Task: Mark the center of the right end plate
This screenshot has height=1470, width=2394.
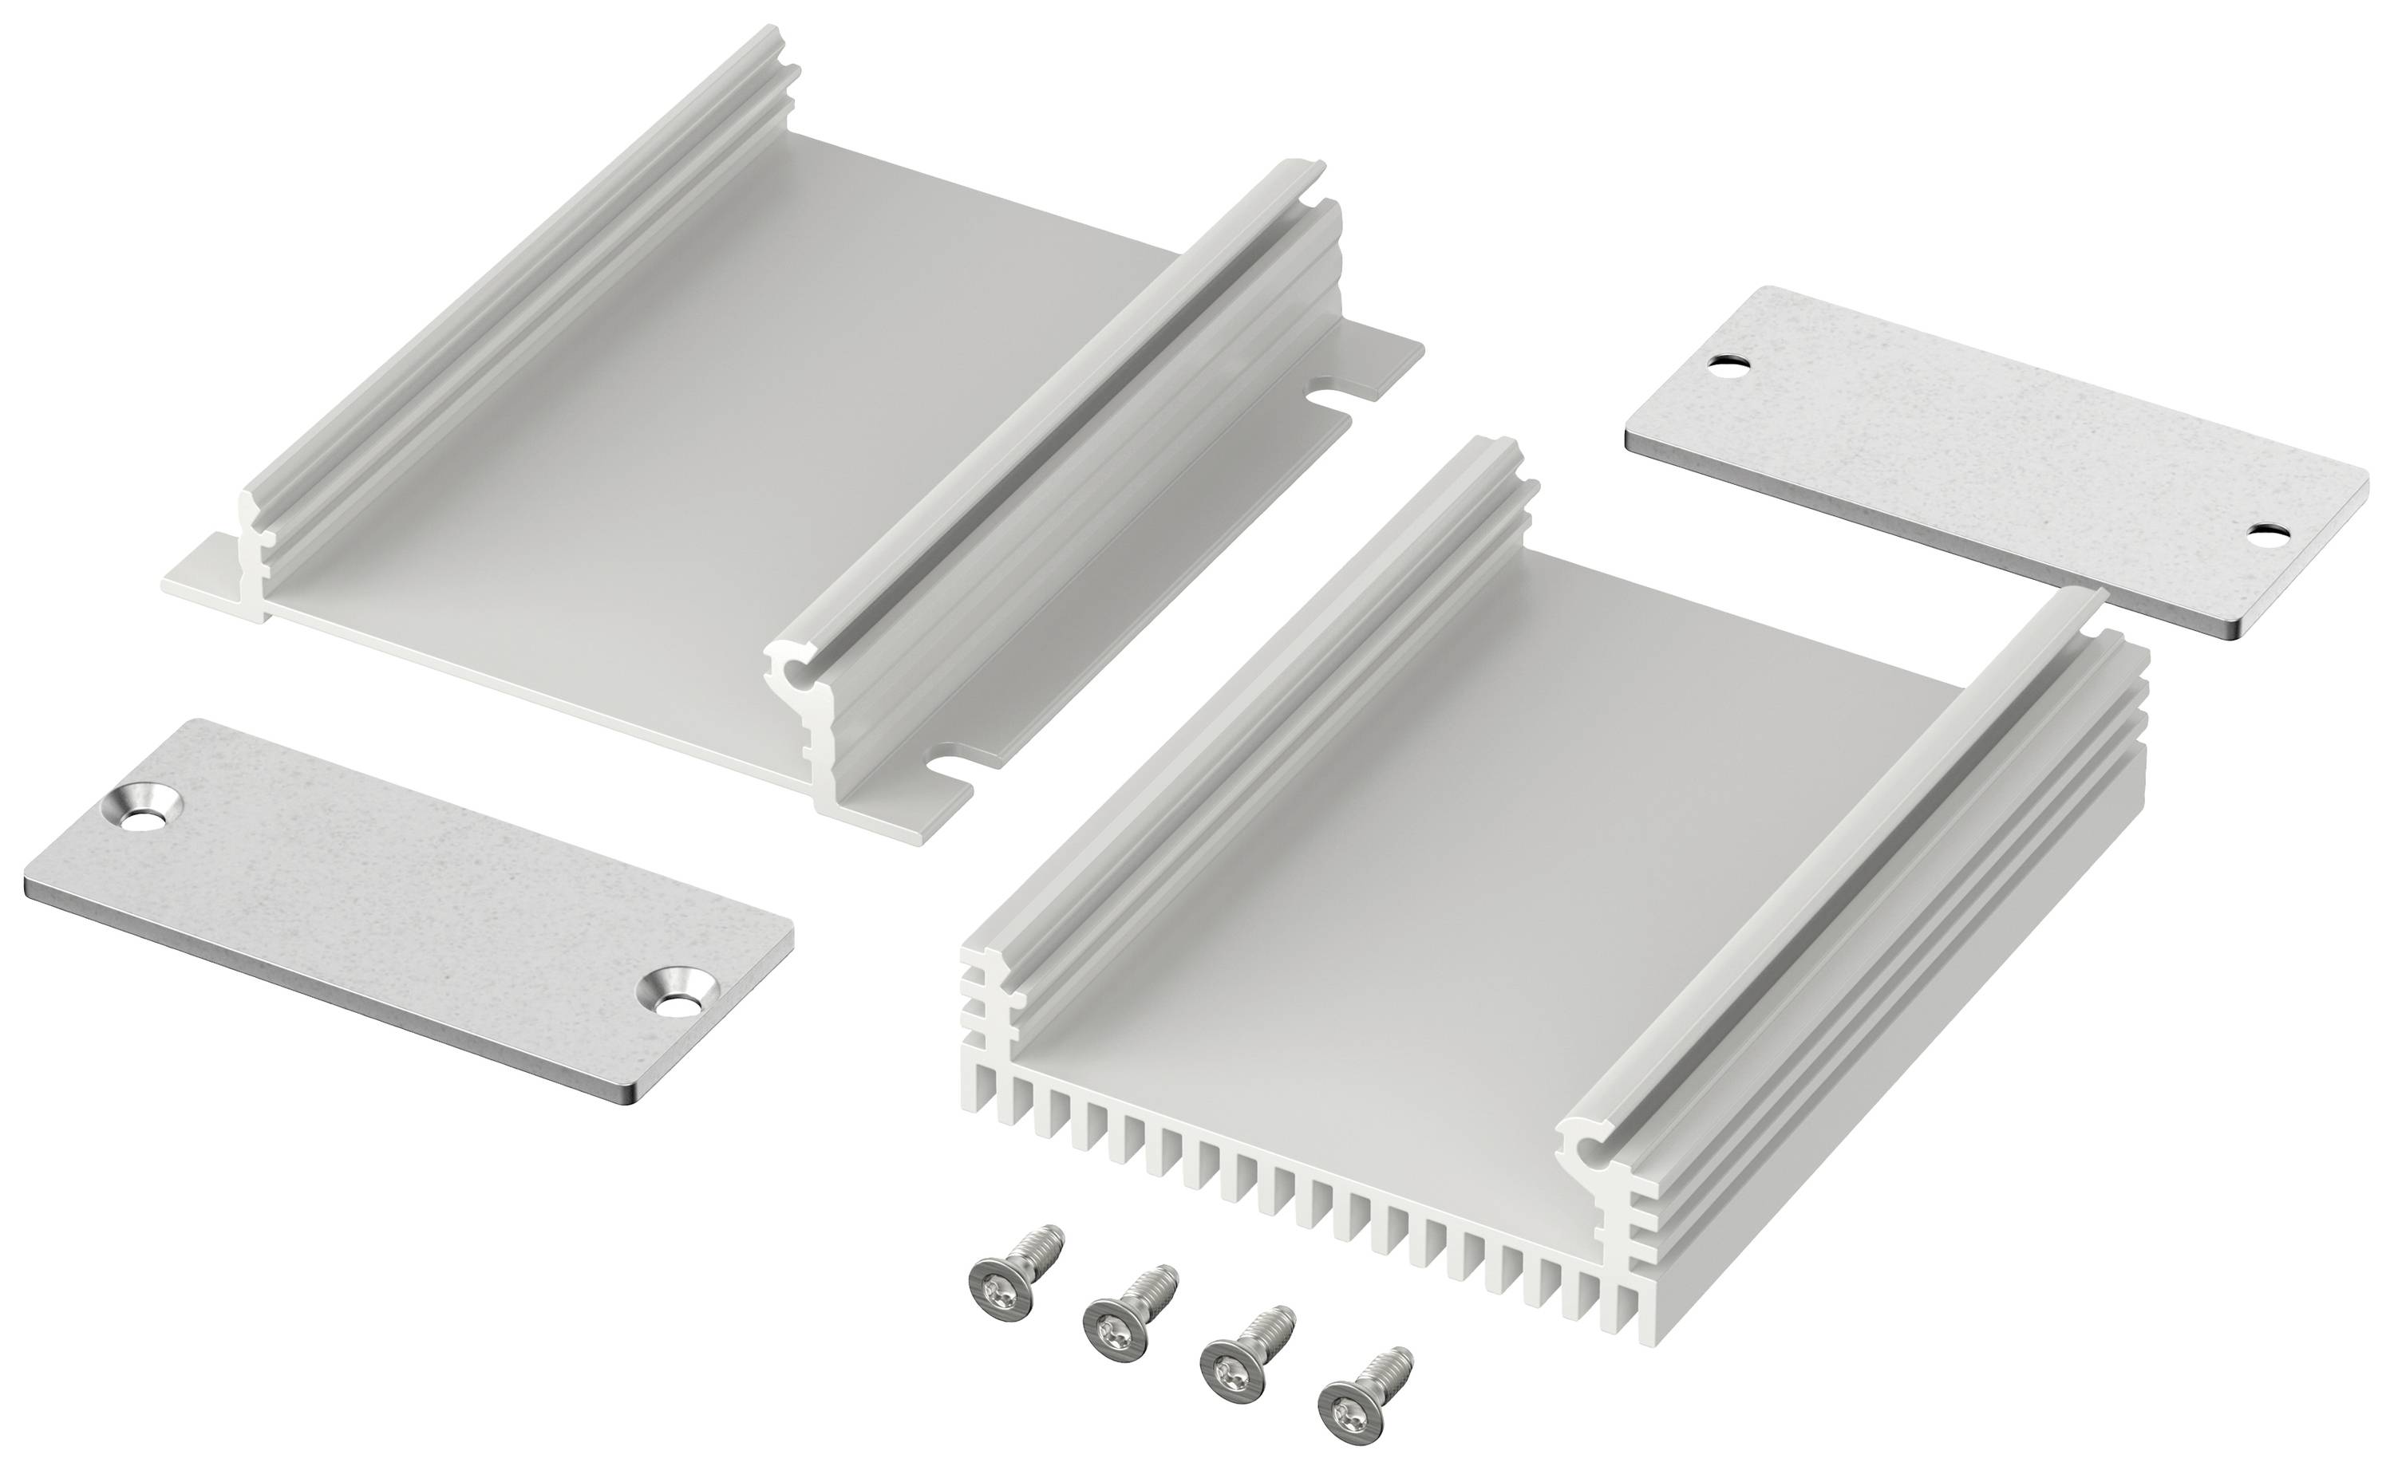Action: coord(1993,457)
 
